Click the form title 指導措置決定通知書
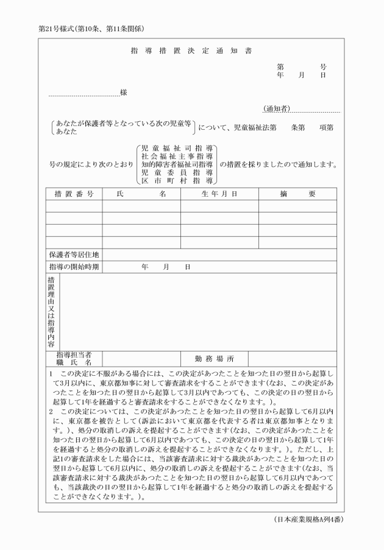[191, 51]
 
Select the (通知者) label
[276, 108]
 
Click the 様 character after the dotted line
[124, 93]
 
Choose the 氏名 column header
[141, 194]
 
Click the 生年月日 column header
[219, 194]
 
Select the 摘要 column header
[297, 194]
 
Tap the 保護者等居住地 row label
[74, 254]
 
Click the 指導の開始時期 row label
[74, 267]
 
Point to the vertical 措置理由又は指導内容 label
[51, 311]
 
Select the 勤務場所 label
[214, 358]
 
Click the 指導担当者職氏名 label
[74, 358]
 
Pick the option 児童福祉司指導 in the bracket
[176, 148]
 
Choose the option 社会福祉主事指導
[176, 157]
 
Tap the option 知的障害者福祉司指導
[176, 164]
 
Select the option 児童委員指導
[176, 173]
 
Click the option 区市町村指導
[176, 181]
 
